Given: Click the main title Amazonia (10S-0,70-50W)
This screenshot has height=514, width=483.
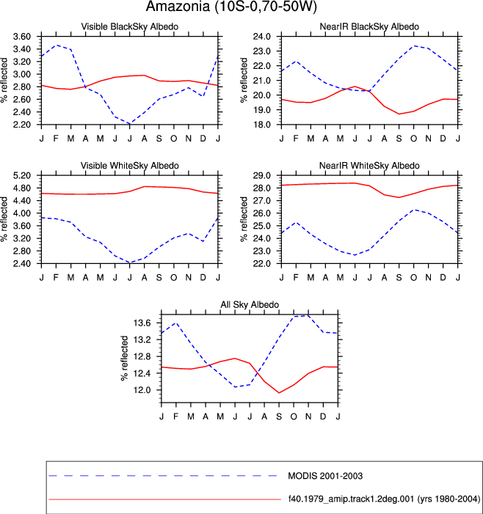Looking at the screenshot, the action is click(x=231, y=7).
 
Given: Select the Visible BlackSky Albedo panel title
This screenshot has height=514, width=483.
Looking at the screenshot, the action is click(x=130, y=27).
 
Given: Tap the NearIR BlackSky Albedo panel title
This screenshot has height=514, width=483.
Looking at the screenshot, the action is click(x=369, y=27).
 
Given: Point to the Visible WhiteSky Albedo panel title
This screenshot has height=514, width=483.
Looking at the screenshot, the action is click(x=130, y=166).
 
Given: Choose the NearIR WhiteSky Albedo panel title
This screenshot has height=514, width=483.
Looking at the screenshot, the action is click(x=369, y=166).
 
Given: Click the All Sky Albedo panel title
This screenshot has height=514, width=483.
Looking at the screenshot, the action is click(x=250, y=305).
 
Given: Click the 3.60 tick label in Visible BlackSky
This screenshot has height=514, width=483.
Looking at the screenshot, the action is click(x=22, y=37).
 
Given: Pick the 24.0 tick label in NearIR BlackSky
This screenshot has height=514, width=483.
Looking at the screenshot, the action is click(x=262, y=37).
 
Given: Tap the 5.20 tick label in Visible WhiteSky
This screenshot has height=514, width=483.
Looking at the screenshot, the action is click(x=22, y=175).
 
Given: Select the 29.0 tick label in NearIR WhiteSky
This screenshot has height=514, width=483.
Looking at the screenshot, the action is click(x=262, y=175).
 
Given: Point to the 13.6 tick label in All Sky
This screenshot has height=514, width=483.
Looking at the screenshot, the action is click(x=142, y=323).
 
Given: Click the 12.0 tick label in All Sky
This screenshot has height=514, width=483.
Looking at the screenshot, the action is click(x=142, y=390).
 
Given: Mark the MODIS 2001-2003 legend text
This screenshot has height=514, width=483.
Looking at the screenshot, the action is click(x=325, y=476).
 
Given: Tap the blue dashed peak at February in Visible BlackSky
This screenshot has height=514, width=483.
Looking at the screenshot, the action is click(x=57, y=45).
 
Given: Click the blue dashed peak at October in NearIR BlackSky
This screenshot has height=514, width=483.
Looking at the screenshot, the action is click(x=414, y=46).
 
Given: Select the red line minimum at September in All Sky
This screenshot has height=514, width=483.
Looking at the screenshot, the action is click(x=279, y=393).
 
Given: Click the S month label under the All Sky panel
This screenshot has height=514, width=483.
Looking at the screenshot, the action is click(x=279, y=416).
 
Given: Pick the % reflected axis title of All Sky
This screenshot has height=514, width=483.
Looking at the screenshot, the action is click(x=125, y=359).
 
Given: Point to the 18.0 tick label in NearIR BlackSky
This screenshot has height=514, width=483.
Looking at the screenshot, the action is click(x=262, y=125).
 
